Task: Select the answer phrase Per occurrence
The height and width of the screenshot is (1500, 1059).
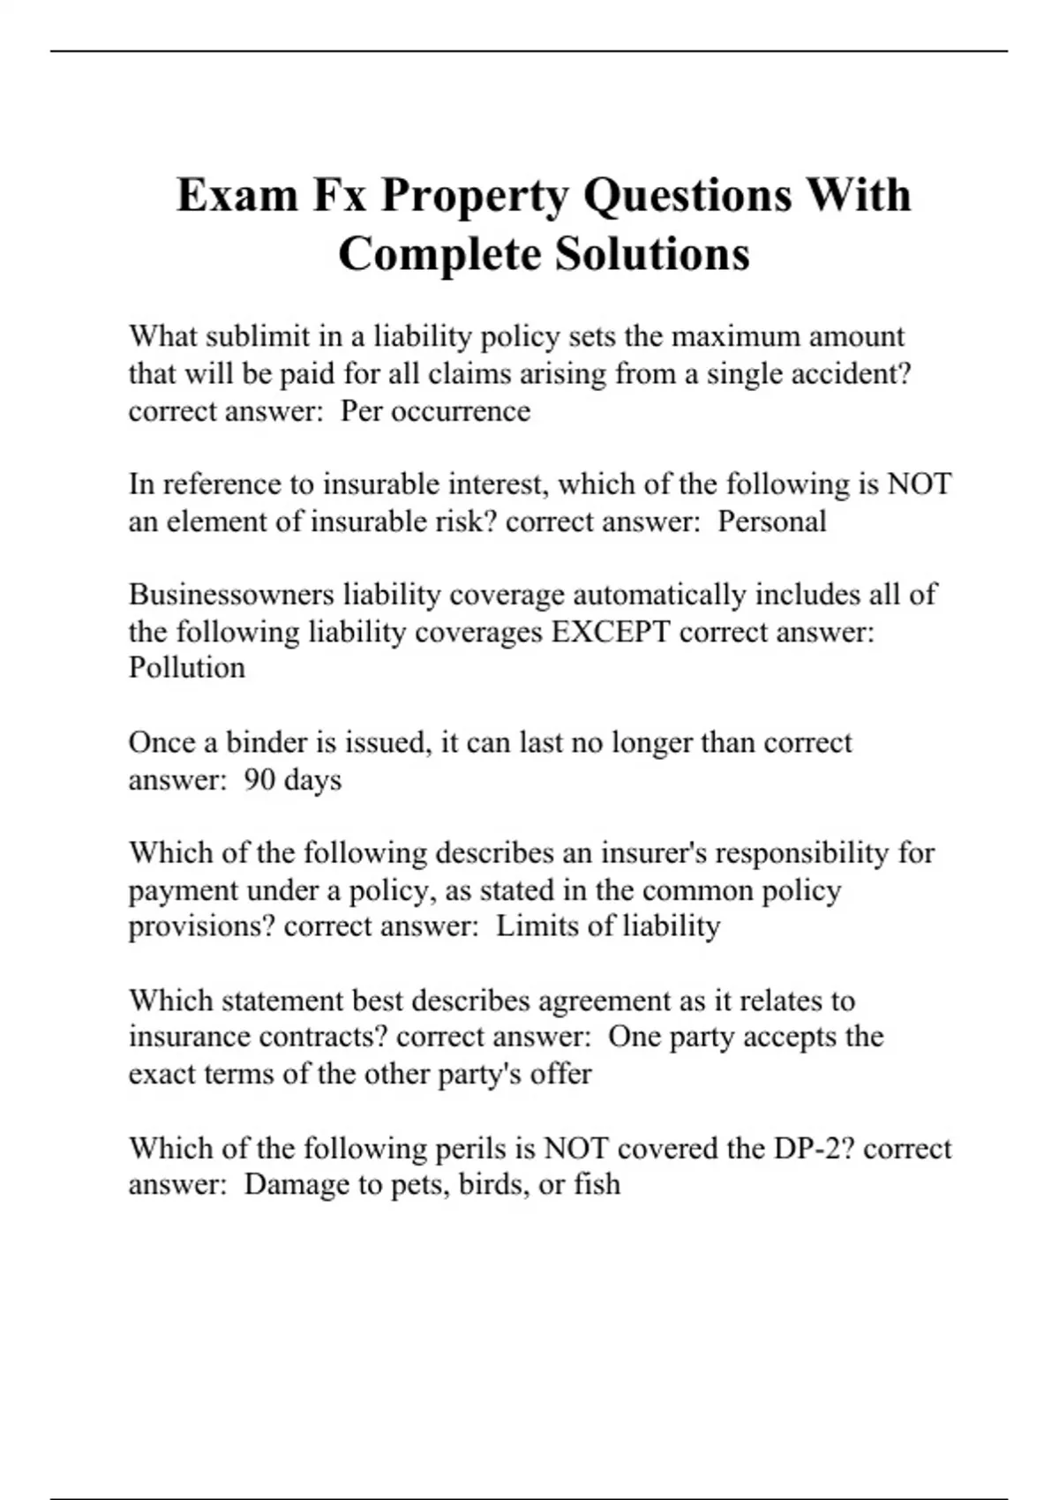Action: click(435, 411)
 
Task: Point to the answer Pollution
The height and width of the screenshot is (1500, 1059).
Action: click(186, 668)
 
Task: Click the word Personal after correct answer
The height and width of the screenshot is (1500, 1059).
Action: click(771, 521)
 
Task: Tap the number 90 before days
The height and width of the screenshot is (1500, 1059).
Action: click(259, 780)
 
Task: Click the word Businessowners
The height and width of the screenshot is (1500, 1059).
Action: click(231, 595)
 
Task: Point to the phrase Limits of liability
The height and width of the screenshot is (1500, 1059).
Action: click(607, 926)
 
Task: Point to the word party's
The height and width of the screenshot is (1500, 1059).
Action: click(476, 1074)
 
